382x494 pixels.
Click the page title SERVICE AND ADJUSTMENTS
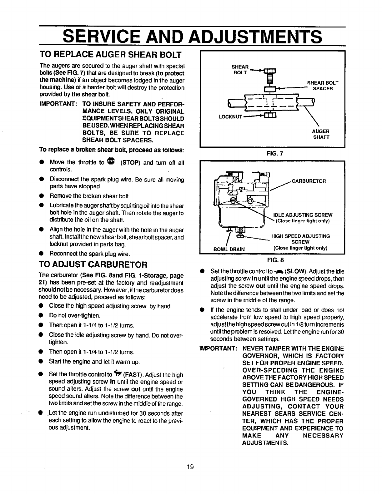pos(192,37)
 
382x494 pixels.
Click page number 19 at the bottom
pos(190,467)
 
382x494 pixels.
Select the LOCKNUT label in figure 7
pos(231,117)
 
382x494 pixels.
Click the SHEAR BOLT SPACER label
pos(323,86)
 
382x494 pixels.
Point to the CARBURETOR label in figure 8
pos(309,181)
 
